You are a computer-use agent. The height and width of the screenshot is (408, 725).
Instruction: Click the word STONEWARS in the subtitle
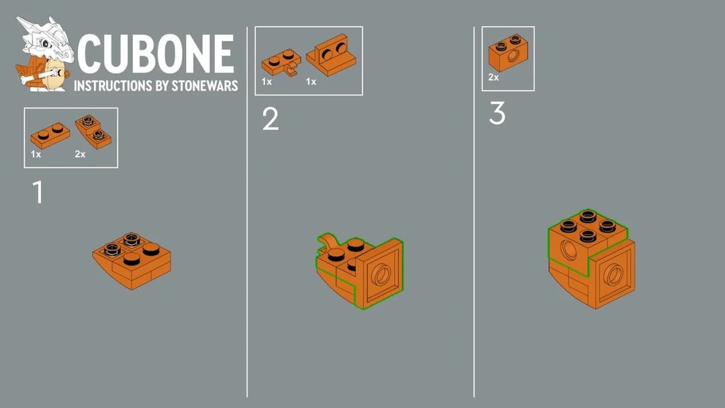click(204, 85)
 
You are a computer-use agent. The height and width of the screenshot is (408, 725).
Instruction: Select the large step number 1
click(38, 192)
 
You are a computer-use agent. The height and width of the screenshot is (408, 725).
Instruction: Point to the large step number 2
click(271, 118)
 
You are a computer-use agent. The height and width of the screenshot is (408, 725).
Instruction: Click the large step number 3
click(497, 113)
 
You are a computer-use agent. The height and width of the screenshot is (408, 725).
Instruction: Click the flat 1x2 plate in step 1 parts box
click(50, 135)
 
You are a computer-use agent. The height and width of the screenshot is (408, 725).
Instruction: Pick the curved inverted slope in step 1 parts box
click(93, 132)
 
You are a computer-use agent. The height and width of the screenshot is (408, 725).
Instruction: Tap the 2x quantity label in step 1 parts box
click(80, 154)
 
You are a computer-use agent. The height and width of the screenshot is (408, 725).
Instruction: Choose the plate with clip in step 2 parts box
click(281, 63)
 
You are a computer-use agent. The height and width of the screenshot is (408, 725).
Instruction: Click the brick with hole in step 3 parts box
click(508, 52)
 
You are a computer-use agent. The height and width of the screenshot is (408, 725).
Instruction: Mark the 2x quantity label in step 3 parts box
click(493, 77)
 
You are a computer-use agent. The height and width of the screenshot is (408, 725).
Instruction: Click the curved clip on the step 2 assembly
click(328, 242)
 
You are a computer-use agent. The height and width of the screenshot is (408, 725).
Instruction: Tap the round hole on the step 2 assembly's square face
click(381, 275)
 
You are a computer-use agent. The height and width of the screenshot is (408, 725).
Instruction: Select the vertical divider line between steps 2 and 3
click(474, 212)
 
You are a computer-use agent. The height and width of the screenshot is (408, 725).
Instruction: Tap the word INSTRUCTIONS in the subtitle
click(113, 85)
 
